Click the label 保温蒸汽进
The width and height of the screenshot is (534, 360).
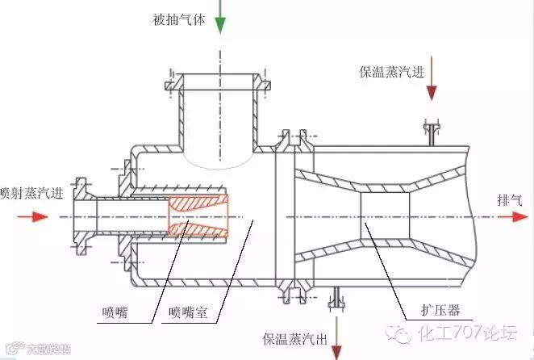392,71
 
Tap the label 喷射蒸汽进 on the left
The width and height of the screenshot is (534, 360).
29,193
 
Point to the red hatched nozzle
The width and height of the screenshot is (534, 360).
198,216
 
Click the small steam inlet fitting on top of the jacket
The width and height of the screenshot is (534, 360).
432,132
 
